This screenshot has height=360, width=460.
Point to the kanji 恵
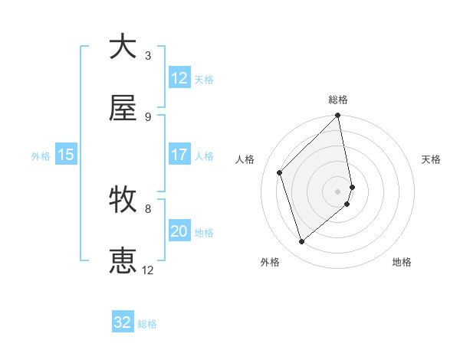coord(123,261)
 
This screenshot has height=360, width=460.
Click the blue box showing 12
coord(179,78)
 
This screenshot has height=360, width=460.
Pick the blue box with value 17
coord(179,155)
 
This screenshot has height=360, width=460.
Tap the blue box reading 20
coord(179,231)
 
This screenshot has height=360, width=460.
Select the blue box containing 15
coord(66,155)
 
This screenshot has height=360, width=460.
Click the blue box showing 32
coord(123,322)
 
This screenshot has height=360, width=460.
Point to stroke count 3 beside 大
coord(148,55)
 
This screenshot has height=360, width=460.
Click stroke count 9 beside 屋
coord(148,117)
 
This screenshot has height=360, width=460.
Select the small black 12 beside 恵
coord(148,270)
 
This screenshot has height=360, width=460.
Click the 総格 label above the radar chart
coord(338,100)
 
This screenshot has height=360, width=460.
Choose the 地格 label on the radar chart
coord(402,263)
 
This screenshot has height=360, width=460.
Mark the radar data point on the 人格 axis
coord(280,172)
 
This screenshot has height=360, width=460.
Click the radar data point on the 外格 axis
coord(302,241)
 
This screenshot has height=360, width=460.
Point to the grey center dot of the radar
coord(338,191)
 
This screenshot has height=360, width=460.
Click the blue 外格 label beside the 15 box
coord(41,155)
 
